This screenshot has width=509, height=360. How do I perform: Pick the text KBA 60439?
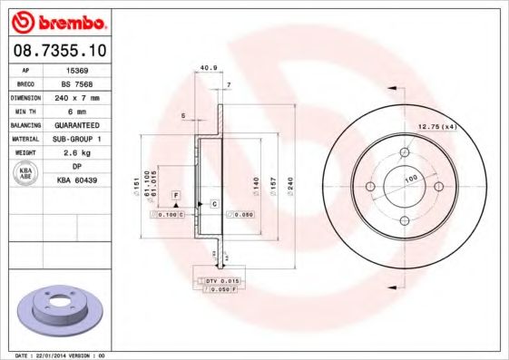click(76, 181)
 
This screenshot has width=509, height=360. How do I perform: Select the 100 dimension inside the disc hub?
click(409, 180)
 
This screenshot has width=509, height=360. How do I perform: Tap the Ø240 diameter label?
click(291, 187)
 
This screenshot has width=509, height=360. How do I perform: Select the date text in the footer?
click(56, 355)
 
